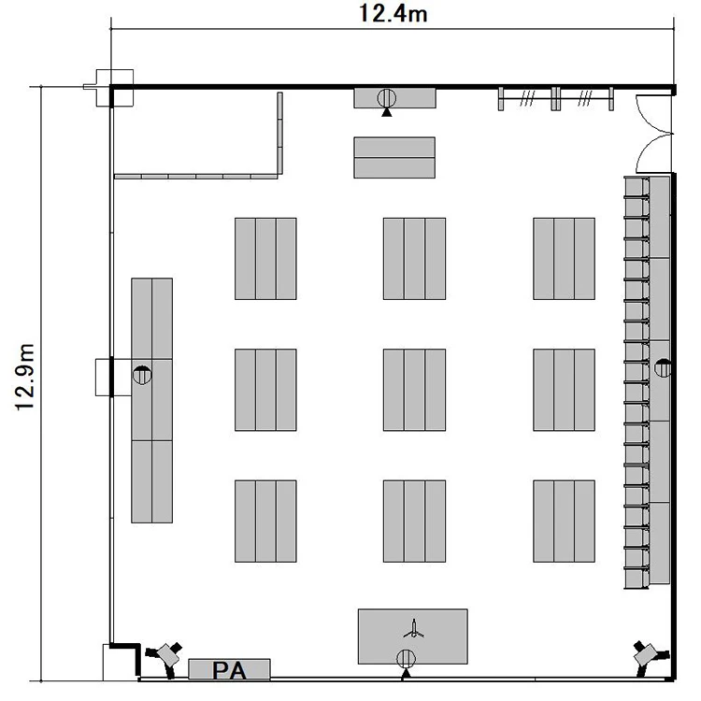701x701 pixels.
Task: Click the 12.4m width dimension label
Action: coord(393,13)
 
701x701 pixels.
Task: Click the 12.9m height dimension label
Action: coord(25,377)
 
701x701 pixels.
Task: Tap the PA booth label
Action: coord(229,670)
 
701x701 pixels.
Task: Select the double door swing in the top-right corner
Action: coord(653,134)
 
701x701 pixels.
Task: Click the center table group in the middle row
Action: coord(414,390)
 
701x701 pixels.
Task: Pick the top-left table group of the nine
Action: coord(265,258)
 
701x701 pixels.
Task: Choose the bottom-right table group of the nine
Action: coord(564,521)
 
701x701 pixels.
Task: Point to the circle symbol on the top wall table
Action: coord(387,97)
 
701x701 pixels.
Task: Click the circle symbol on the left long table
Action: coord(142,375)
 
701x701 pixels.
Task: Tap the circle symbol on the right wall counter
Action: coord(663,368)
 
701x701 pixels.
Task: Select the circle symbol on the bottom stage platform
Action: coord(406,658)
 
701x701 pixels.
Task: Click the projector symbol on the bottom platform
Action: coord(414,629)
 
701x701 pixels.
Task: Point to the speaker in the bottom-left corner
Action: coord(165,658)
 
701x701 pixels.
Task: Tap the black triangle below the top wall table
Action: coord(387,112)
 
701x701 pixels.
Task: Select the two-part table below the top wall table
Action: coord(394,157)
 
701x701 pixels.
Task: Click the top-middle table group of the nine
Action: coord(414,258)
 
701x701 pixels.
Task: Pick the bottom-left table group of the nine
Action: coord(265,521)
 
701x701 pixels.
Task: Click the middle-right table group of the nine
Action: coord(564,390)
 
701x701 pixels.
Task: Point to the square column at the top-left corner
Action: coord(115,88)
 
